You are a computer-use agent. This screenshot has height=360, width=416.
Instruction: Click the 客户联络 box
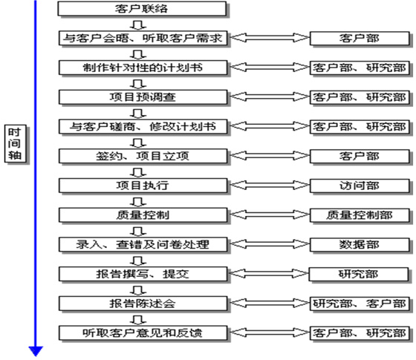[x=142, y=9]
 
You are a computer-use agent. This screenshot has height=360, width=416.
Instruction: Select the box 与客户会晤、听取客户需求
[x=143, y=38]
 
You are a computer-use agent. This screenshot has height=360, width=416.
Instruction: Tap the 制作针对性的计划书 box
[x=143, y=68]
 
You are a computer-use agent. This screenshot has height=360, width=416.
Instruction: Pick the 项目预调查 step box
[x=143, y=97]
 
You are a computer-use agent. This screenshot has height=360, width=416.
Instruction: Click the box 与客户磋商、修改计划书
[x=143, y=127]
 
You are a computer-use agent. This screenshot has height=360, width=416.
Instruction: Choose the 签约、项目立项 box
[x=143, y=156]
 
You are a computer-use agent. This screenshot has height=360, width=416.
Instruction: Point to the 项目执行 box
[x=143, y=186]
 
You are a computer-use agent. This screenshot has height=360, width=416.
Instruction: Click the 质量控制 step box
[x=143, y=215]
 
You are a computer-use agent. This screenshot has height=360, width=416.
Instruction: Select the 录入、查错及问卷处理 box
[x=143, y=244]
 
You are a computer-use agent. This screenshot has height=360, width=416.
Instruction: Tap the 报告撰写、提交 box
[x=143, y=274]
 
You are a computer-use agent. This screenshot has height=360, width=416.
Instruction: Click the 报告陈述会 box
[x=143, y=304]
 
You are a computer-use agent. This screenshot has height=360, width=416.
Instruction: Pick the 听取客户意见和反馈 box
[x=143, y=333]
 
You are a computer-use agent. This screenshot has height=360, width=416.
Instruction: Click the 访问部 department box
[x=360, y=186]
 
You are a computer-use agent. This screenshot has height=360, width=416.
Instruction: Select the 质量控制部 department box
[x=360, y=215]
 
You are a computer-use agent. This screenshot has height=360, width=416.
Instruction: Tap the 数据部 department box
[x=360, y=244]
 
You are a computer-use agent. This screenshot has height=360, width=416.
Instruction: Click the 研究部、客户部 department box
[x=360, y=304]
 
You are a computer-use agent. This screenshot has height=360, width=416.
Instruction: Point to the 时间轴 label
[x=15, y=143]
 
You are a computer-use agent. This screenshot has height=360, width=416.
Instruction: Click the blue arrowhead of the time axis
[x=36, y=351]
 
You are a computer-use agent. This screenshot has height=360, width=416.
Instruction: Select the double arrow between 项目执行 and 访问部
[x=269, y=185]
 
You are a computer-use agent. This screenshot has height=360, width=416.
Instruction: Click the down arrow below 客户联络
[x=138, y=24]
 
